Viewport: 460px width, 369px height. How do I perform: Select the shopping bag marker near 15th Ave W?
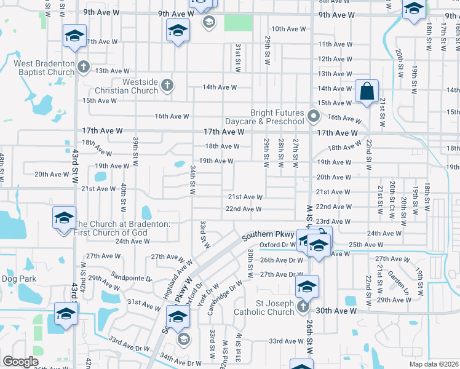coord(367,92)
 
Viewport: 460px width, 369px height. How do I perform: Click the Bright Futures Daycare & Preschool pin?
coord(314,115)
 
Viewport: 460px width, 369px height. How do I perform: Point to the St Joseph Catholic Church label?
coord(264,307)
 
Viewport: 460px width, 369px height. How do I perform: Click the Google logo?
coord(20,362)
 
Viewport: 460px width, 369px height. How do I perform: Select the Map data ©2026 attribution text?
coord(434,364)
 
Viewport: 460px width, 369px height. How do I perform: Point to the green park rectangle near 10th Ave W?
coord(238,23)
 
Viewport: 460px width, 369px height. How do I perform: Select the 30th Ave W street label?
coord(336,311)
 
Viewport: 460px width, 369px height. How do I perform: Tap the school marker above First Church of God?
coord(64,218)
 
